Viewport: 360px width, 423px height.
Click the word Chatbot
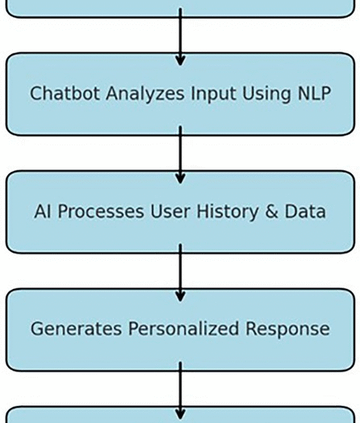tap(65, 94)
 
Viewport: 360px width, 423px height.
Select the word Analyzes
tap(145, 94)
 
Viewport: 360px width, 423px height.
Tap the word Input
tap(213, 94)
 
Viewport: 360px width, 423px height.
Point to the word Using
tap(266, 94)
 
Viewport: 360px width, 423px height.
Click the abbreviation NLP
tap(314, 94)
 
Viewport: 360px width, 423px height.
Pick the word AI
tap(43, 211)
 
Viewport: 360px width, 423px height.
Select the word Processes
tap(101, 211)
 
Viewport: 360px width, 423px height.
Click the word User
tap(170, 211)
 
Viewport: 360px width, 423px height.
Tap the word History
tap(228, 212)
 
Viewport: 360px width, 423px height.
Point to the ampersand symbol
tap(271, 211)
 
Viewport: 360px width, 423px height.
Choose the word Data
tap(305, 211)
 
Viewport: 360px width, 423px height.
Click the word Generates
tap(76, 329)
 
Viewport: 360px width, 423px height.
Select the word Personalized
tap(183, 329)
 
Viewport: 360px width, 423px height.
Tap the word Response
tap(287, 329)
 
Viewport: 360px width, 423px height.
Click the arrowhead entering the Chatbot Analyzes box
tap(180, 61)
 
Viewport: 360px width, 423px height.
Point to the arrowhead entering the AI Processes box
tap(180, 179)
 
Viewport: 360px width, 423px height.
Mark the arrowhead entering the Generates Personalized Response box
tap(180, 296)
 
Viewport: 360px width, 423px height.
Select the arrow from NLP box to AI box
tap(180, 155)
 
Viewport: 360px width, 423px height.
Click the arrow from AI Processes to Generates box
tap(180, 273)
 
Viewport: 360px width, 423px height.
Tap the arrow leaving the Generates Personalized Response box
tap(180, 391)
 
